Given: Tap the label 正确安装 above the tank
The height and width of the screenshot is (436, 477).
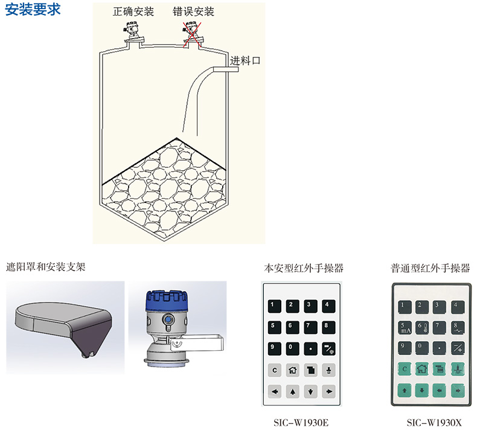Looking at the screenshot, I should click(x=133, y=11).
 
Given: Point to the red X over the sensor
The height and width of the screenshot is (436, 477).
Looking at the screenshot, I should click(x=193, y=32).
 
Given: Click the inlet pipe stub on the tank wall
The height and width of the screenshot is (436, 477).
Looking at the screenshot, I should click(x=226, y=70).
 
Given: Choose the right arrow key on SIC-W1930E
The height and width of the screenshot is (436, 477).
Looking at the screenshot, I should click(x=328, y=392).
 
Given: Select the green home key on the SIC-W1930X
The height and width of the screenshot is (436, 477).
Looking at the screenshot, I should click(x=421, y=368).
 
